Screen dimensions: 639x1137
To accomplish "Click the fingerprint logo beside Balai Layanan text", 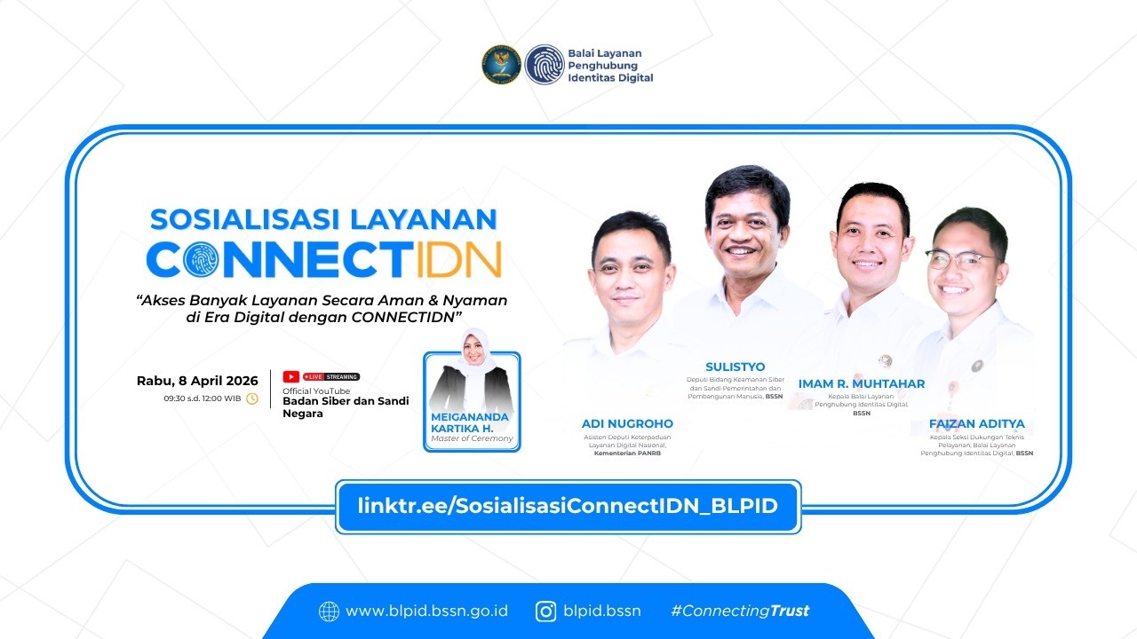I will pyautogui.click(x=544, y=65).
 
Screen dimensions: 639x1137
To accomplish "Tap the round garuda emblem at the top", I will pyautogui.click(x=502, y=65).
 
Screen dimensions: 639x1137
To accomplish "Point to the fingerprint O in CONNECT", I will pyautogui.click(x=203, y=259).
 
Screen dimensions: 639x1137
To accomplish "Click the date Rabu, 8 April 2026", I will pyautogui.click(x=197, y=381).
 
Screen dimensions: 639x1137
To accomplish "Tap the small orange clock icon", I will pyautogui.click(x=252, y=398).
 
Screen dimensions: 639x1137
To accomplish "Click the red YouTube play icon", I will pyautogui.click(x=290, y=376).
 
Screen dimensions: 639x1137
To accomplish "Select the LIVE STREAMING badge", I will pyautogui.click(x=331, y=376).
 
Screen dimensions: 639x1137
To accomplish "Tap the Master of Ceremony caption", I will pyautogui.click(x=472, y=438).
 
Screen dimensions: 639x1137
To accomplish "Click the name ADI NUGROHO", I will pyautogui.click(x=627, y=423).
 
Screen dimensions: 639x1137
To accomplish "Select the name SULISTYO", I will pyautogui.click(x=735, y=367).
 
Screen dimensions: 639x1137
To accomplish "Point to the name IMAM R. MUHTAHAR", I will pyautogui.click(x=861, y=383).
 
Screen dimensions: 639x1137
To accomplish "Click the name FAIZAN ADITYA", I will pyautogui.click(x=976, y=423).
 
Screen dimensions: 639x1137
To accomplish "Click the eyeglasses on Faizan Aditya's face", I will pyautogui.click(x=961, y=260).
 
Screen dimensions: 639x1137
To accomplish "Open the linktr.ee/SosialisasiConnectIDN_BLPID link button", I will pyautogui.click(x=568, y=507).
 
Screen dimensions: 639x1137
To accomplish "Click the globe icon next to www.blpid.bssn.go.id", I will pyautogui.click(x=330, y=611).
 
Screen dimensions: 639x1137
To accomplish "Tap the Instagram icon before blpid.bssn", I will pyautogui.click(x=546, y=611).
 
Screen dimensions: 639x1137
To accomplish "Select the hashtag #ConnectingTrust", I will pyautogui.click(x=740, y=611).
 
